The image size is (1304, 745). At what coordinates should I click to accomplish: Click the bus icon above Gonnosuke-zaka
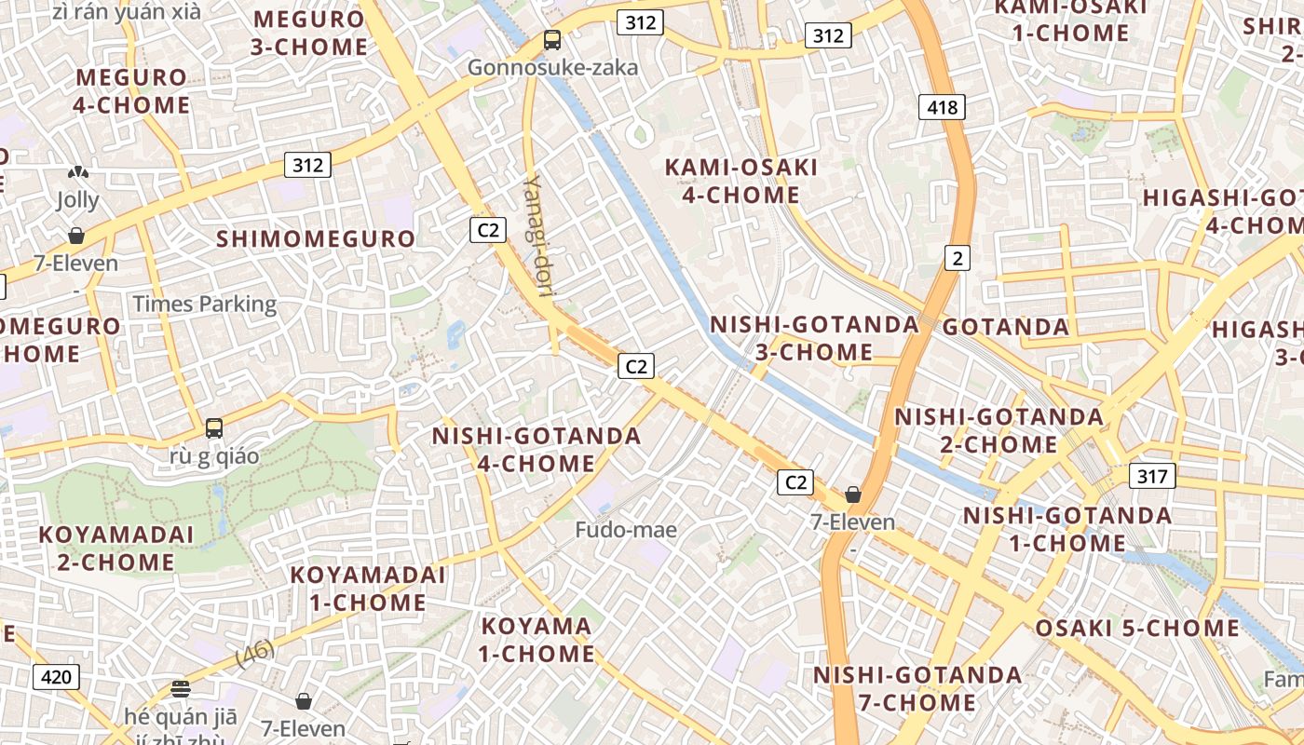pos(552,40)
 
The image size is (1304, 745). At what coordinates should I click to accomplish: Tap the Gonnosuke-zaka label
pos(552,67)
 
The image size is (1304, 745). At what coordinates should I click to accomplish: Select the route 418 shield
pos(942,107)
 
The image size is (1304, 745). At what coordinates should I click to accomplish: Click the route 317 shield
pos(1152,476)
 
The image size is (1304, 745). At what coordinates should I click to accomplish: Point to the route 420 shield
pos(56,677)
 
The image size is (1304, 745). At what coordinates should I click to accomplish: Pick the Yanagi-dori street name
pos(539,237)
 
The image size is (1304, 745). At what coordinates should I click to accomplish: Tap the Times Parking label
pos(205,304)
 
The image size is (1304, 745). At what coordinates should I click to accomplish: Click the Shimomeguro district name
pos(316,239)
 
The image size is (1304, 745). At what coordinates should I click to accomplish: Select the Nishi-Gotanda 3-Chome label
pos(814,338)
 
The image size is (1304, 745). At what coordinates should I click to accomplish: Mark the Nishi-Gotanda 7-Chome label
pos(917,688)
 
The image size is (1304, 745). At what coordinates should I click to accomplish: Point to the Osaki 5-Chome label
pos(1137,629)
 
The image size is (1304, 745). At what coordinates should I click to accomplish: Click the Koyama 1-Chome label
pos(537,640)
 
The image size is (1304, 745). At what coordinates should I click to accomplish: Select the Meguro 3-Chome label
pos(309,33)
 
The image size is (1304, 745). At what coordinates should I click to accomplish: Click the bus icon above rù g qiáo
pos(214,428)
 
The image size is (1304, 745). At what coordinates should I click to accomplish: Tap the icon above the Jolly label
pos(77,172)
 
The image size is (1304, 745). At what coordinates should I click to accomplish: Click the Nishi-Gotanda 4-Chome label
pos(537,450)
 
